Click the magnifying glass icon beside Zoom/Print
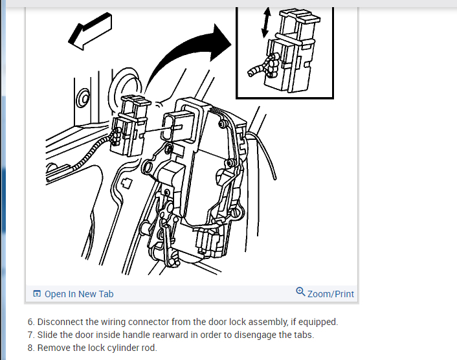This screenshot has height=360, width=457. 300,292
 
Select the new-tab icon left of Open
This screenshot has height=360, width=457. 37,293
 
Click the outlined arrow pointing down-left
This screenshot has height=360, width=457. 91,31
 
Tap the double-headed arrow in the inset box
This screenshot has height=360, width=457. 266,23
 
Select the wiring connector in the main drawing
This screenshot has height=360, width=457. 131,126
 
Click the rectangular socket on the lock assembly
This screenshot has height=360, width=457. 177,126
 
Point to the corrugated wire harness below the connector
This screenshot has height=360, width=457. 87,156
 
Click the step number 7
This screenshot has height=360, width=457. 31,335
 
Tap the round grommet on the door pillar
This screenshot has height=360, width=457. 84,98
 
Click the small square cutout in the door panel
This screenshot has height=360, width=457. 126,183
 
